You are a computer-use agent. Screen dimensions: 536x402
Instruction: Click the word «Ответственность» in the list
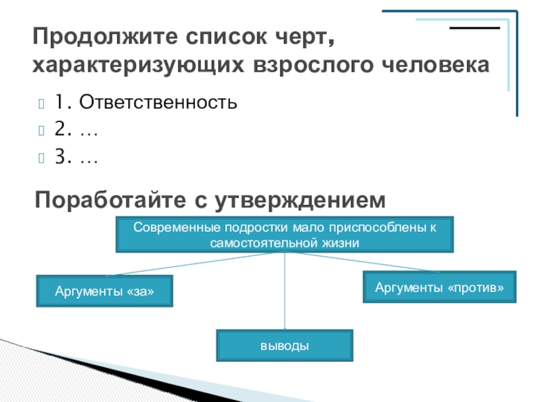tap(157, 103)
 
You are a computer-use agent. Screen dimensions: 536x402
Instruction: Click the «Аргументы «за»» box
tap(104, 291)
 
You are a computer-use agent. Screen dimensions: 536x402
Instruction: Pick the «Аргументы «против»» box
tap(440, 287)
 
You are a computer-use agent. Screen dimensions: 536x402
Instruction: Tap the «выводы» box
tap(285, 346)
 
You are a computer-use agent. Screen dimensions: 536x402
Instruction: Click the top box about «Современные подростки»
tap(285, 234)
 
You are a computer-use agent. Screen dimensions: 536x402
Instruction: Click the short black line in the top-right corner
tap(474, 29)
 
